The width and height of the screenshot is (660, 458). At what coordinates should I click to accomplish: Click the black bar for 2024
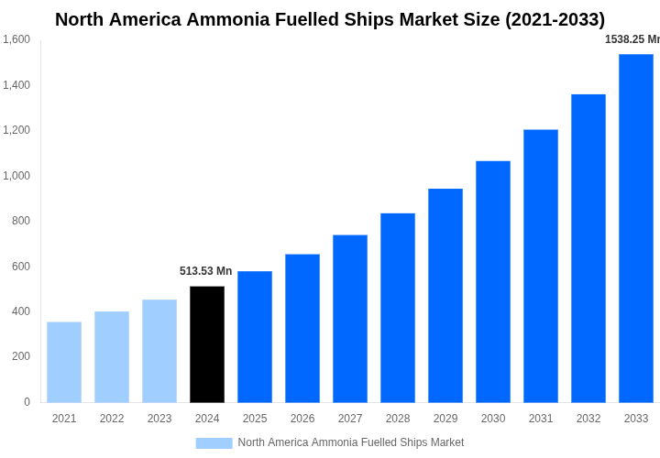[x=207, y=344]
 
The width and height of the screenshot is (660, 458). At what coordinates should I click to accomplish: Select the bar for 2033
[x=636, y=228]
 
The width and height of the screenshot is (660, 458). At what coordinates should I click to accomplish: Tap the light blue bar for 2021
[x=64, y=362]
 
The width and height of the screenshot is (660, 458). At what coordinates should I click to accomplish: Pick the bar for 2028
[x=398, y=308]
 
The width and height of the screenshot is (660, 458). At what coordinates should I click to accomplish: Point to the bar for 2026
[x=302, y=328]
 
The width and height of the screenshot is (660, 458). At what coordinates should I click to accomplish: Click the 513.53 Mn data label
[x=205, y=271]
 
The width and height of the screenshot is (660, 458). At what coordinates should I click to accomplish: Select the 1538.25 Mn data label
[x=632, y=39]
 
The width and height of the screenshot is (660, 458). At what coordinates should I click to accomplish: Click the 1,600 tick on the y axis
[x=16, y=39]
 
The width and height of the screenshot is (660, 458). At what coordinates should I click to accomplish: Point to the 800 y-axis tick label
[x=20, y=221]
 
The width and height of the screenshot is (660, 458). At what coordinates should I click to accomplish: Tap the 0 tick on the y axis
[x=27, y=402]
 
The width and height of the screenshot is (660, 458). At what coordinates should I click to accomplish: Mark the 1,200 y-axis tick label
[x=16, y=130]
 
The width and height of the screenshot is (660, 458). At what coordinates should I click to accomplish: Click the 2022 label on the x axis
[x=112, y=419]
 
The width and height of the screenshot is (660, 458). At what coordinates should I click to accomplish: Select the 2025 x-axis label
[x=255, y=419]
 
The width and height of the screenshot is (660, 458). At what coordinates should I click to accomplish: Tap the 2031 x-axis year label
[x=541, y=419]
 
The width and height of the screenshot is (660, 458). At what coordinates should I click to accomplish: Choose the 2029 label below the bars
[x=445, y=419]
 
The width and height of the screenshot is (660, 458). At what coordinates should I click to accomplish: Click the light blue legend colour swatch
[x=214, y=443]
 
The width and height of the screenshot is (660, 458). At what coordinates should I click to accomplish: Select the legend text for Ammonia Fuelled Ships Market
[x=351, y=442]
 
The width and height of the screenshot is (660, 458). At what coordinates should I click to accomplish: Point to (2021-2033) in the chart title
[x=555, y=19]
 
